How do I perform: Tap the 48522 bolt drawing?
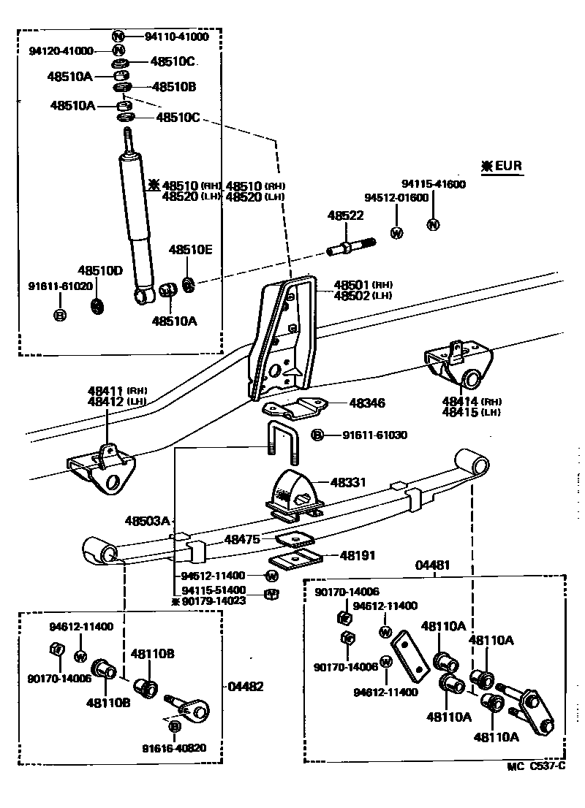click(350, 246)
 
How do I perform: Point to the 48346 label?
click(367, 403)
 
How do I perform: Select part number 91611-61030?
click(375, 435)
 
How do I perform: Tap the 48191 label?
click(358, 556)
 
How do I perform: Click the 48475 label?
click(242, 539)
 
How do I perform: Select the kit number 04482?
click(246, 687)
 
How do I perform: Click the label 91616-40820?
click(175, 747)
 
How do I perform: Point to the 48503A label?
click(147, 521)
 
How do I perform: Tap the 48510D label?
click(101, 270)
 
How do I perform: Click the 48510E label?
click(191, 250)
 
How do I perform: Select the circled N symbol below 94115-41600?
click(433, 224)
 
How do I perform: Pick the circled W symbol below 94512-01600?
click(397, 233)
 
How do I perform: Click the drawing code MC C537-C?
click(536, 766)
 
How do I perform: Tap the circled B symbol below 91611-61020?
click(60, 316)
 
